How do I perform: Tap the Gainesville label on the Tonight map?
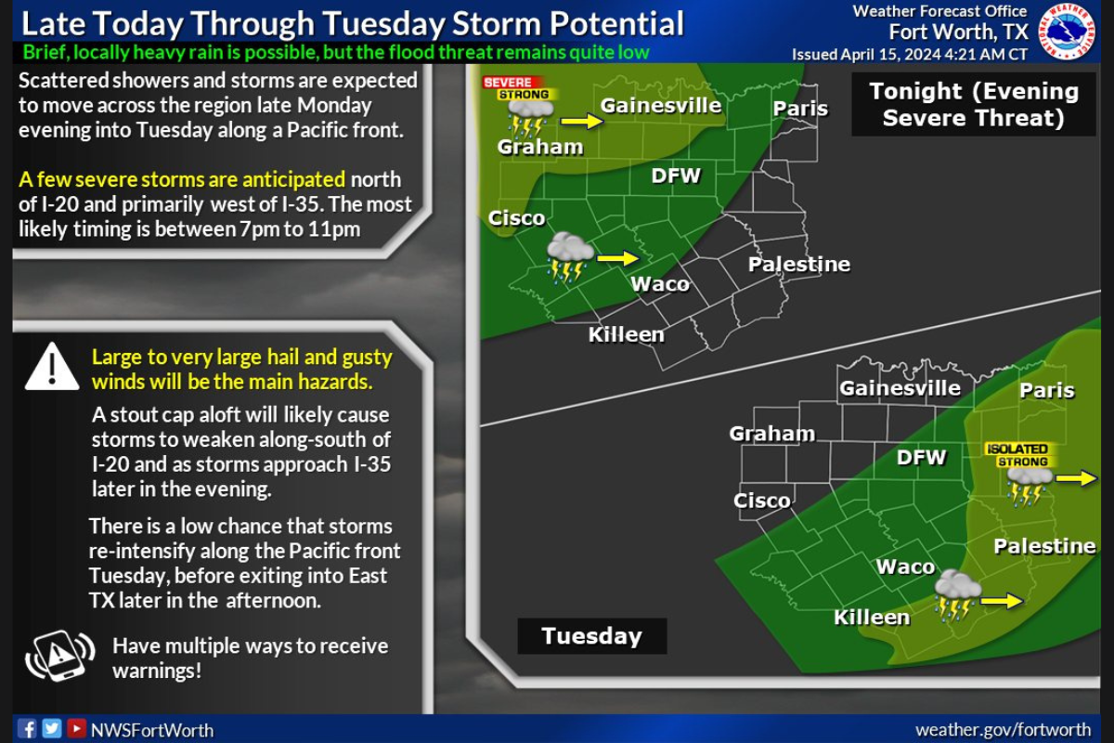click(660, 105)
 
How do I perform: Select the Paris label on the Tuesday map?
click(1046, 390)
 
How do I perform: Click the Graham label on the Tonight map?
click(539, 146)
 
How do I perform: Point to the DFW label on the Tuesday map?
click(921, 456)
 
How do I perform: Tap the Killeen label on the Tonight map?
click(626, 334)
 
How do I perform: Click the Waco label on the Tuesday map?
click(905, 567)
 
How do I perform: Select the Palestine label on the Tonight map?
click(798, 265)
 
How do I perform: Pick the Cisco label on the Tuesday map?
click(762, 501)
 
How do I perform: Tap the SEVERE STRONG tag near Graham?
click(516, 88)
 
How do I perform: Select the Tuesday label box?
click(591, 636)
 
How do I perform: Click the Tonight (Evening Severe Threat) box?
click(974, 104)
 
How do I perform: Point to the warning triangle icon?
click(52, 367)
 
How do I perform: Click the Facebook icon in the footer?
click(28, 729)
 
